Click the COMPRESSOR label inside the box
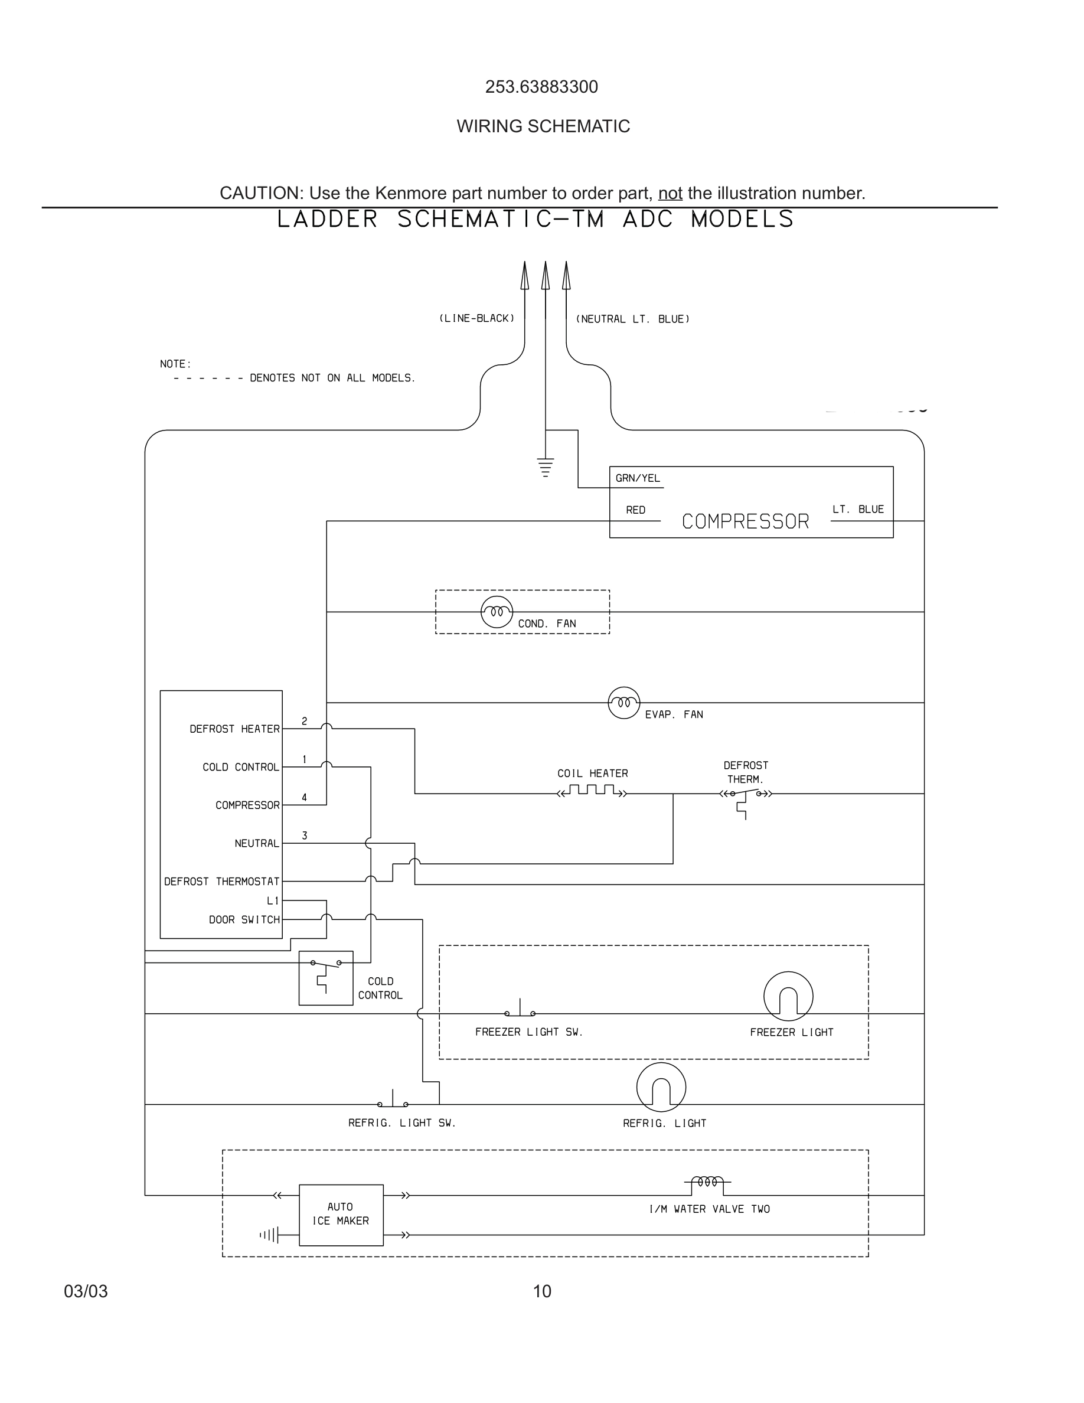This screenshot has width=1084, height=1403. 745,521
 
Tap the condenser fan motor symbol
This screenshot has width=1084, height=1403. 497,612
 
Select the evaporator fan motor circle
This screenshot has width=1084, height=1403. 623,702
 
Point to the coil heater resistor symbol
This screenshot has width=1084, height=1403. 592,791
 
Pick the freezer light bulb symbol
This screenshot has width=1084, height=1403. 788,996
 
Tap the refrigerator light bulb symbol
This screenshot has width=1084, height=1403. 661,1087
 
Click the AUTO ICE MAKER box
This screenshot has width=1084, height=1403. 341,1214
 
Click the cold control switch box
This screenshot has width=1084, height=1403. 325,978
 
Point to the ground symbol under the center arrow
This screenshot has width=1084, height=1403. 545,468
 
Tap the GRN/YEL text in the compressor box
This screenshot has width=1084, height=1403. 637,478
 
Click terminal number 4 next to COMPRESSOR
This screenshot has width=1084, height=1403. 305,797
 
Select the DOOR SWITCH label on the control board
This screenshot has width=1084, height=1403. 244,920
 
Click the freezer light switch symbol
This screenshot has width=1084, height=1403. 520,1010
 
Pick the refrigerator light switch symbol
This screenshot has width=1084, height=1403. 393,1101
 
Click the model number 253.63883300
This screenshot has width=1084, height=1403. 541,87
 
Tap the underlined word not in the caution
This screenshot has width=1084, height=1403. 670,192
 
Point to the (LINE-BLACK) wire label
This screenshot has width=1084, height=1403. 476,318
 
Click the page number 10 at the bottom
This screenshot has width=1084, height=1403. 542,1291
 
